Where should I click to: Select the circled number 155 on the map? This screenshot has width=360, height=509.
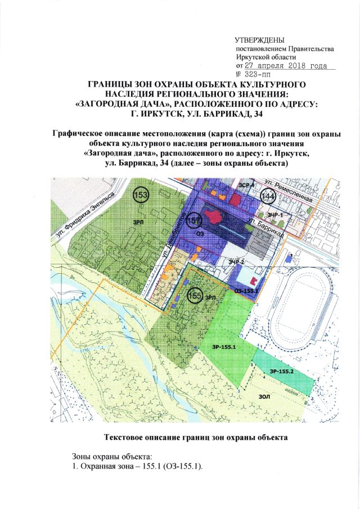pos(194,295)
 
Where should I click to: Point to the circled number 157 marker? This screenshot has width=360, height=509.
pos(194,219)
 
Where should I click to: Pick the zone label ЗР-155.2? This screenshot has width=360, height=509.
pos(281,372)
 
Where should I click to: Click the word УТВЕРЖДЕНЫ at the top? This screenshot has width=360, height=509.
pos(260,40)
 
